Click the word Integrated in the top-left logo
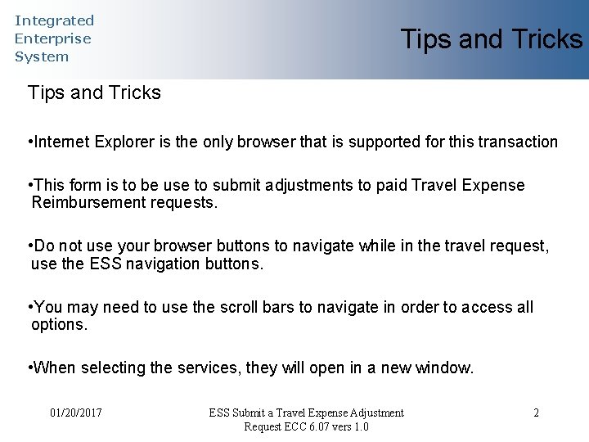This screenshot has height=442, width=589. (54, 20)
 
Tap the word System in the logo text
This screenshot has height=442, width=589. (42, 56)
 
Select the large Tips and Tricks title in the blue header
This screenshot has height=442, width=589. (491, 39)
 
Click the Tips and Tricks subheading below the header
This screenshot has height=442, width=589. (94, 92)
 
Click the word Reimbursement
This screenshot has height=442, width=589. (89, 202)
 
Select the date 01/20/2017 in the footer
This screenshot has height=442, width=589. (75, 413)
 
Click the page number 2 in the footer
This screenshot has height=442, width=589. (536, 413)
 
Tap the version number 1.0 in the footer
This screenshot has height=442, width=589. (360, 426)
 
